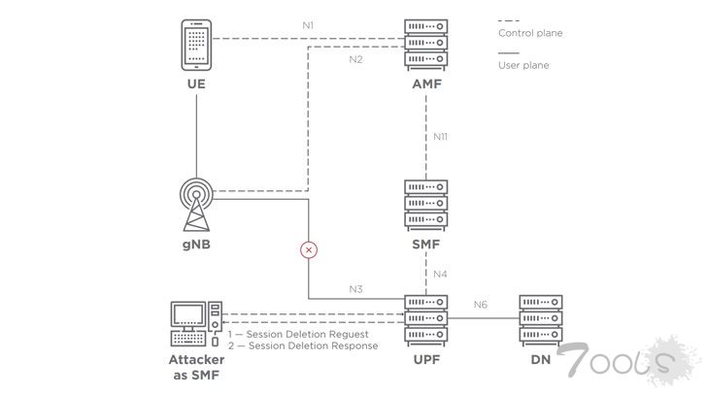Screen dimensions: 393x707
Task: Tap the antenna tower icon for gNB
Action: click(x=196, y=203)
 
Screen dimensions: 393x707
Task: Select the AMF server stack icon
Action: click(x=427, y=44)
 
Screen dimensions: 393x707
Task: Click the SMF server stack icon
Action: click(x=427, y=203)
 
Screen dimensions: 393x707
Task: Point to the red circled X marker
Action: click(x=309, y=250)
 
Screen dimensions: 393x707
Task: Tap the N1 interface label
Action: click(x=308, y=23)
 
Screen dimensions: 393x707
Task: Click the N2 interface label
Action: click(x=356, y=60)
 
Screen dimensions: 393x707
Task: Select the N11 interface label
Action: click(x=441, y=137)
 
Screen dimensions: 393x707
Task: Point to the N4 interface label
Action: click(x=440, y=274)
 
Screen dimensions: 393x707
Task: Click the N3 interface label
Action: click(x=356, y=289)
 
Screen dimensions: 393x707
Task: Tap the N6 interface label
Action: click(x=481, y=306)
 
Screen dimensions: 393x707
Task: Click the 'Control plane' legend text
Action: click(x=530, y=33)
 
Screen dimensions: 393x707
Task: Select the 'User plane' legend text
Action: click(x=523, y=66)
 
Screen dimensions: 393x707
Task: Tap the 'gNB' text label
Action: click(x=196, y=246)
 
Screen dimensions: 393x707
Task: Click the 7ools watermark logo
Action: click(x=631, y=361)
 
